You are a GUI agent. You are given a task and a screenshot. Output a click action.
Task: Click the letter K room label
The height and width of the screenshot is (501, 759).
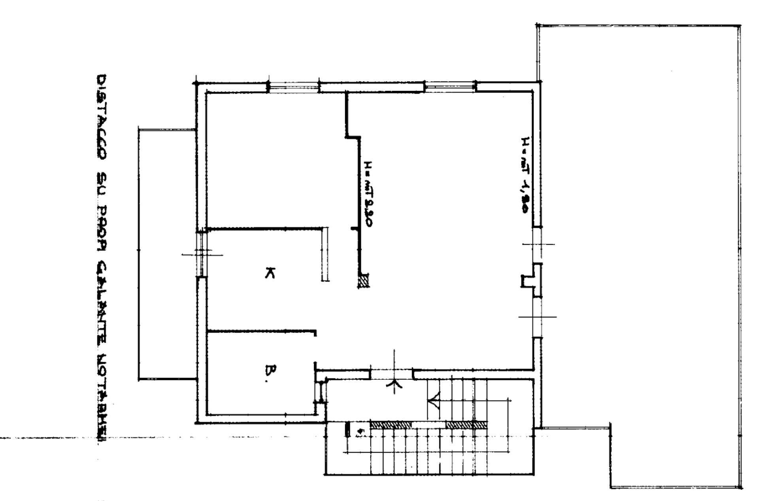(270, 272)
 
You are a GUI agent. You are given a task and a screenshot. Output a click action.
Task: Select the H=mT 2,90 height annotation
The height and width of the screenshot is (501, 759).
(368, 193)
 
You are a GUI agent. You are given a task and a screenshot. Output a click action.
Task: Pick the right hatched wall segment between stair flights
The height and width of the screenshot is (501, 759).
(466, 425)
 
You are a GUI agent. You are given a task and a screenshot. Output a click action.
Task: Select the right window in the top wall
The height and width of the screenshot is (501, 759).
(450, 87)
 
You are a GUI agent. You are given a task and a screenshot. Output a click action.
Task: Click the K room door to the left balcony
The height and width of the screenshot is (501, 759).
(202, 253)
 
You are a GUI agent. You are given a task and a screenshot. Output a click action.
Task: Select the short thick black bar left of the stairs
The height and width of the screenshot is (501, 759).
(347, 430)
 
